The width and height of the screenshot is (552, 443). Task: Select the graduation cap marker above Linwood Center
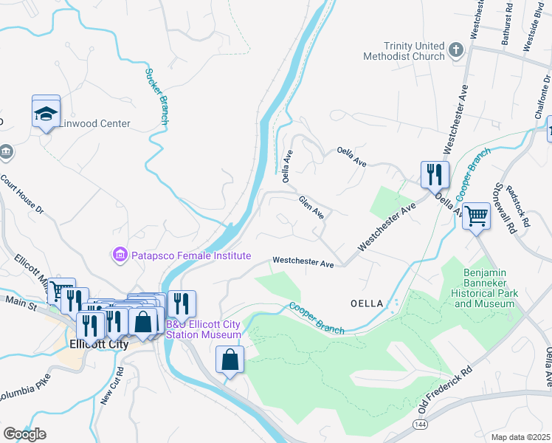click(x=46, y=113)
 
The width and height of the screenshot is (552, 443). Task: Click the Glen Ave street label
click(x=311, y=207)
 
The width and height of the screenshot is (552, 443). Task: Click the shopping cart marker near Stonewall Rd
click(x=477, y=216)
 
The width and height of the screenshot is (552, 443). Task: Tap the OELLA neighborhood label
click(x=366, y=303)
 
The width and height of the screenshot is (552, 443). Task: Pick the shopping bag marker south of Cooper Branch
click(x=230, y=360)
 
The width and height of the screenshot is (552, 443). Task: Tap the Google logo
click(x=24, y=434)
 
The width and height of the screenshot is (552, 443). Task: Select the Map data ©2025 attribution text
click(x=521, y=437)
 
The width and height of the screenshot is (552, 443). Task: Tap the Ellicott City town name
click(x=98, y=344)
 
